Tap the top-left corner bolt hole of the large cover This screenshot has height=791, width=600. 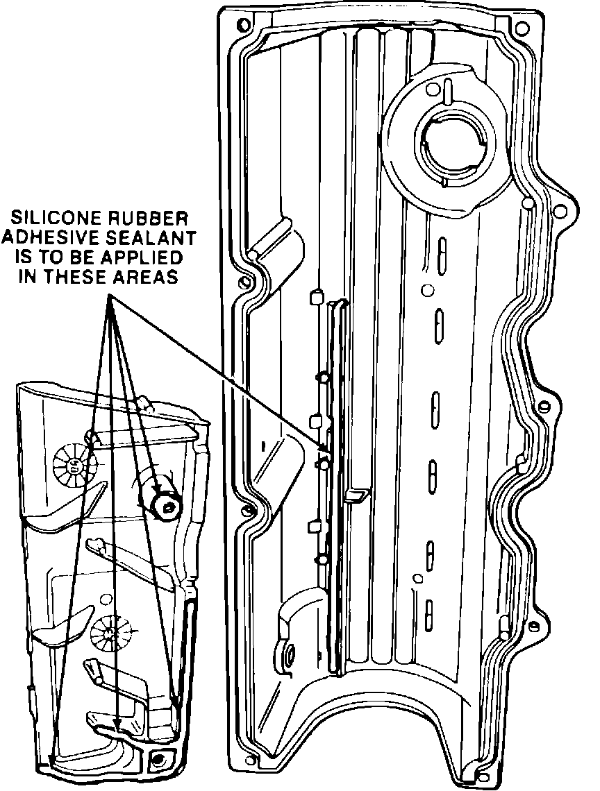[x=242, y=26]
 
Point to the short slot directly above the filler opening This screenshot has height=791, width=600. [x=449, y=89]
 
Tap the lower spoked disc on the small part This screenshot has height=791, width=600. [x=111, y=633]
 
